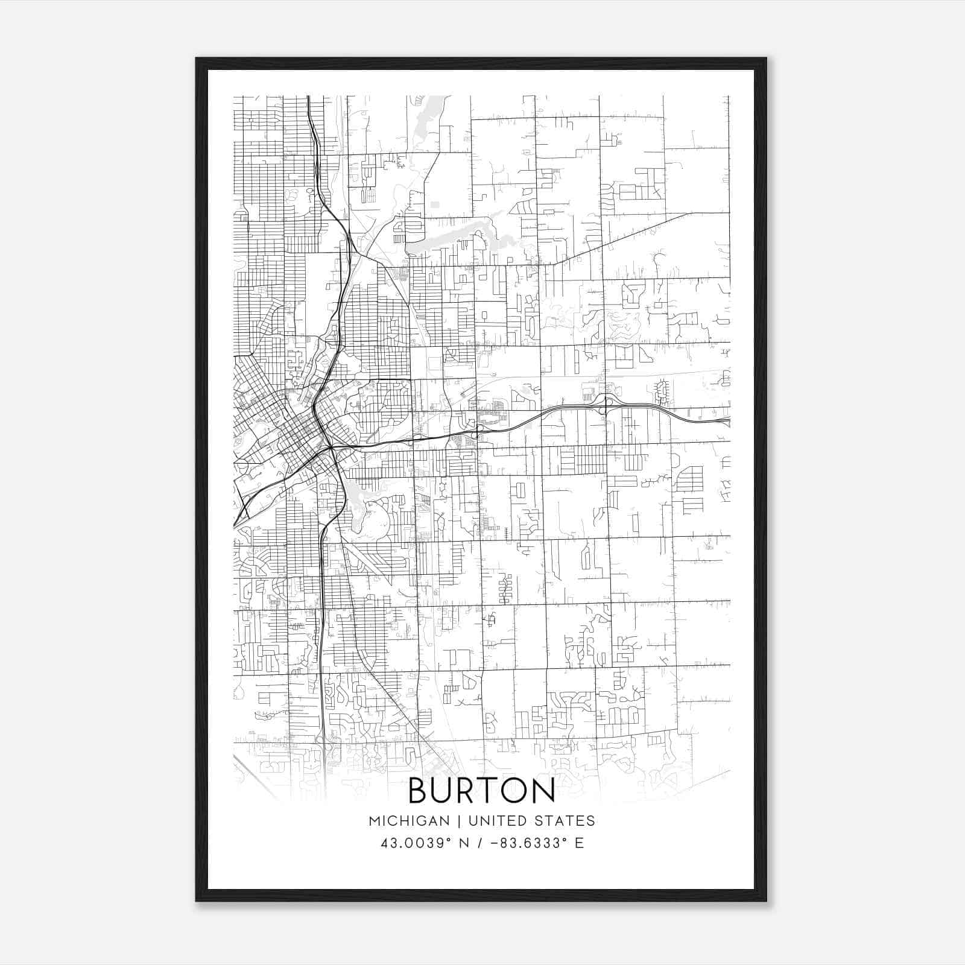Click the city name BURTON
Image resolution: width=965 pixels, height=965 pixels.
[x=481, y=791]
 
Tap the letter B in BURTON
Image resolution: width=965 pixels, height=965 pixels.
[x=420, y=791]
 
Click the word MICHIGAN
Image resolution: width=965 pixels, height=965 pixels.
[x=409, y=821]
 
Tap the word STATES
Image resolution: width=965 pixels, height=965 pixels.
[x=567, y=821]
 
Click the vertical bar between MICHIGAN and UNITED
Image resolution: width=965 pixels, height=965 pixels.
[x=460, y=821]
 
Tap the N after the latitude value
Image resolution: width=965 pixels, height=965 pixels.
[x=463, y=843]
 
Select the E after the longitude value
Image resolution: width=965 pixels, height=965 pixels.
[x=580, y=843]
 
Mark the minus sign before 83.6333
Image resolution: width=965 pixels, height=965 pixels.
[x=495, y=843]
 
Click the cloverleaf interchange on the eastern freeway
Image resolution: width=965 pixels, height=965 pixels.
[x=606, y=403]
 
